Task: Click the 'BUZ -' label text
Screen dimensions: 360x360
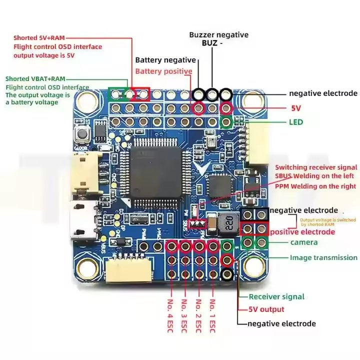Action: (212, 43)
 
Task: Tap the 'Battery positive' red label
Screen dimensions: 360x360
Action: (163, 71)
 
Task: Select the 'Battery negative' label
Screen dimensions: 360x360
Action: (165, 60)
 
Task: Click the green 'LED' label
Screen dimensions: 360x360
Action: (295, 122)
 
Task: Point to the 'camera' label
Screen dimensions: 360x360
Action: (304, 242)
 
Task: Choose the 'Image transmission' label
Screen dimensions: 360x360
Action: (323, 257)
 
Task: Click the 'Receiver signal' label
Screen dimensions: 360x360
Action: (276, 296)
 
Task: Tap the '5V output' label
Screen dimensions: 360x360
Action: (266, 309)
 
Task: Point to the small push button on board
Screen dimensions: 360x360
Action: (79, 134)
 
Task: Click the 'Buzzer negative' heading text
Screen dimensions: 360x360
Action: (218, 35)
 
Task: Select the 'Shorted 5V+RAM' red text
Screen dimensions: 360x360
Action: (39, 37)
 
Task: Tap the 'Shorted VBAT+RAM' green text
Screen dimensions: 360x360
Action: (35, 79)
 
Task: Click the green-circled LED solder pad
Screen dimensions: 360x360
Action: (226, 121)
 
